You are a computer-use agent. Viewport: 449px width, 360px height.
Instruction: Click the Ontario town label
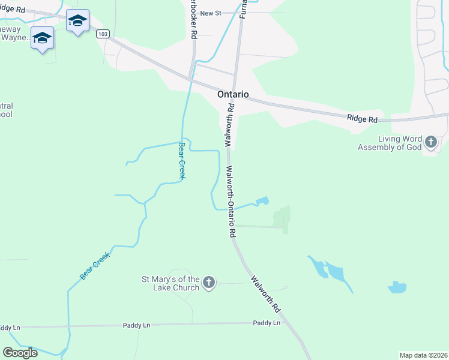pyautogui.click(x=233, y=95)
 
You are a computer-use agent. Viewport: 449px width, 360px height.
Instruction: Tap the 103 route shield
pyautogui.click(x=103, y=34)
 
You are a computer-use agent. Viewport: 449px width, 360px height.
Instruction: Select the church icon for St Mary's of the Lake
pyautogui.click(x=208, y=283)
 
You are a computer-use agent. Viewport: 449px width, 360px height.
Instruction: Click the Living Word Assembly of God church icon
pyautogui.click(x=430, y=142)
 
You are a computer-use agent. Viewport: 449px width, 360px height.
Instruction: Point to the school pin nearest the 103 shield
pyautogui.click(x=77, y=22)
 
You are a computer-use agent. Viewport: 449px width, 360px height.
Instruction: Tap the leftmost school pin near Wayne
pyautogui.click(x=42, y=38)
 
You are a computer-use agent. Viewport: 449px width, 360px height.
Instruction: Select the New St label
pyautogui.click(x=211, y=13)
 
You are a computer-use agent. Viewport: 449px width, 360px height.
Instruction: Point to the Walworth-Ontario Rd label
pyautogui.click(x=231, y=201)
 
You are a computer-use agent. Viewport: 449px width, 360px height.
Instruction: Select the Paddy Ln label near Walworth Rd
pyautogui.click(x=267, y=323)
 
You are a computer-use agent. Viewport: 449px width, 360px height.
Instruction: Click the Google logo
pyautogui.click(x=20, y=352)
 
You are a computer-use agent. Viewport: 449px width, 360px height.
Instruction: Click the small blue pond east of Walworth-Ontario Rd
pyautogui.click(x=262, y=201)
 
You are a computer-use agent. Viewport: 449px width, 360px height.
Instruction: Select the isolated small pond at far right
pyautogui.click(x=397, y=287)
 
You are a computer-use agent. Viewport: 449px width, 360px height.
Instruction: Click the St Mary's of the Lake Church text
pyautogui.click(x=170, y=283)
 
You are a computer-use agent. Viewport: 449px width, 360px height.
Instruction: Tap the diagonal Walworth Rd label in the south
pyautogui.click(x=267, y=294)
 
